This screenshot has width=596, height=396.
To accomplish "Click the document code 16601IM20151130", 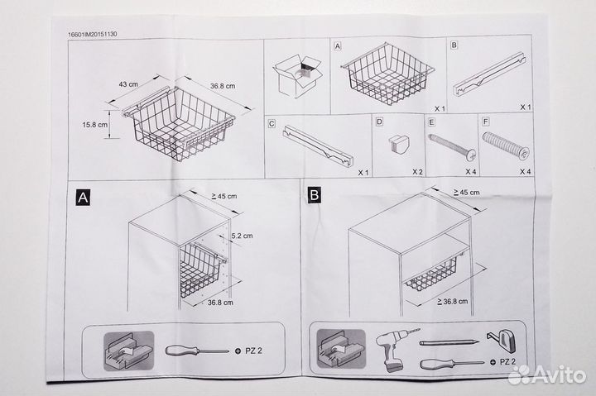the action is coord(93,34).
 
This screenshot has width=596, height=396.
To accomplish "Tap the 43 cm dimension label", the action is coord(128,83).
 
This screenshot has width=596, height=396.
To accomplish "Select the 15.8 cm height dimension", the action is coord(95,125).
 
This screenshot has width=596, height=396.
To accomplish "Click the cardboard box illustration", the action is coord(298,75).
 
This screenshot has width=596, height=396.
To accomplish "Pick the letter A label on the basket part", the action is coord(338,46).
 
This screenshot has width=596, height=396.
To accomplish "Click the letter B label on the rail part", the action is coord(454,45).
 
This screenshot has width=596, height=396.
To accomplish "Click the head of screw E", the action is coord(471,155).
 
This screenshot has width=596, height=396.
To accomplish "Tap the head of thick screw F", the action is coord(524,154).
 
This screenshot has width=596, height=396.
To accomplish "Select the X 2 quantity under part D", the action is coord(417,172).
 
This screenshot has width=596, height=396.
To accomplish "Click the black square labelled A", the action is coord(83,198).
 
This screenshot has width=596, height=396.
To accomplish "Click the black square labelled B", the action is coord(315,195).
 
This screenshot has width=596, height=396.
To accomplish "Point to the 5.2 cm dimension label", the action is coord(242,236).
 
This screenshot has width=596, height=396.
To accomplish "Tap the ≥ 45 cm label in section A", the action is coord(224,196).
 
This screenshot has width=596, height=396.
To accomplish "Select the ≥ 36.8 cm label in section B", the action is coord(452,302).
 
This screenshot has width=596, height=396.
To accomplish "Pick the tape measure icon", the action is coord(502,340).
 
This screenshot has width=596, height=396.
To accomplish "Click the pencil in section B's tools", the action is coord(449,342).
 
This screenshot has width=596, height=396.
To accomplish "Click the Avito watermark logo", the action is coord(547,375).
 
